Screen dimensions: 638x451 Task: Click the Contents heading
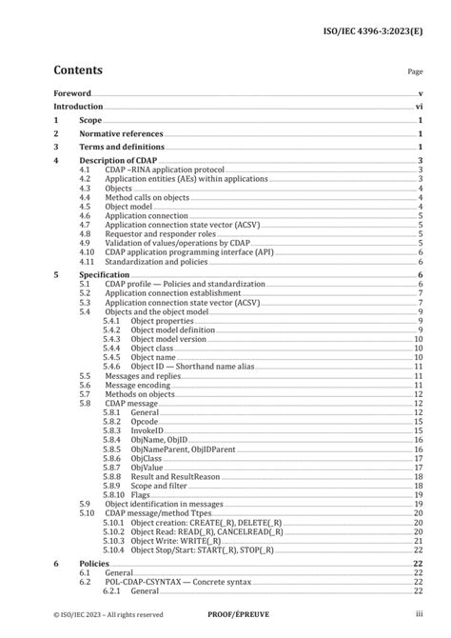tap(78, 70)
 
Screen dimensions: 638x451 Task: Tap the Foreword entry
tap(72, 93)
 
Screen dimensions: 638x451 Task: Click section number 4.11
tap(87, 260)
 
